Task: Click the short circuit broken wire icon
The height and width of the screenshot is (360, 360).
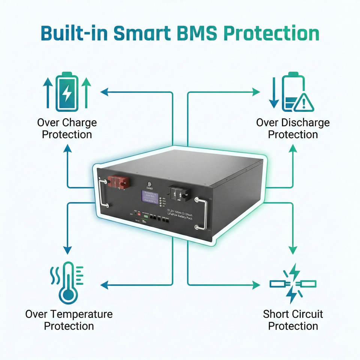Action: (x=293, y=283)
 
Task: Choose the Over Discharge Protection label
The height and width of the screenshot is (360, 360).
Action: (x=293, y=129)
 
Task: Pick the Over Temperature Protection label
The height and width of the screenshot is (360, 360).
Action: (x=69, y=320)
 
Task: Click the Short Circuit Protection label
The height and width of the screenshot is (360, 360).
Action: (x=293, y=320)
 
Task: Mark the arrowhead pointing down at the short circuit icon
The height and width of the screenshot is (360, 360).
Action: (x=293, y=250)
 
